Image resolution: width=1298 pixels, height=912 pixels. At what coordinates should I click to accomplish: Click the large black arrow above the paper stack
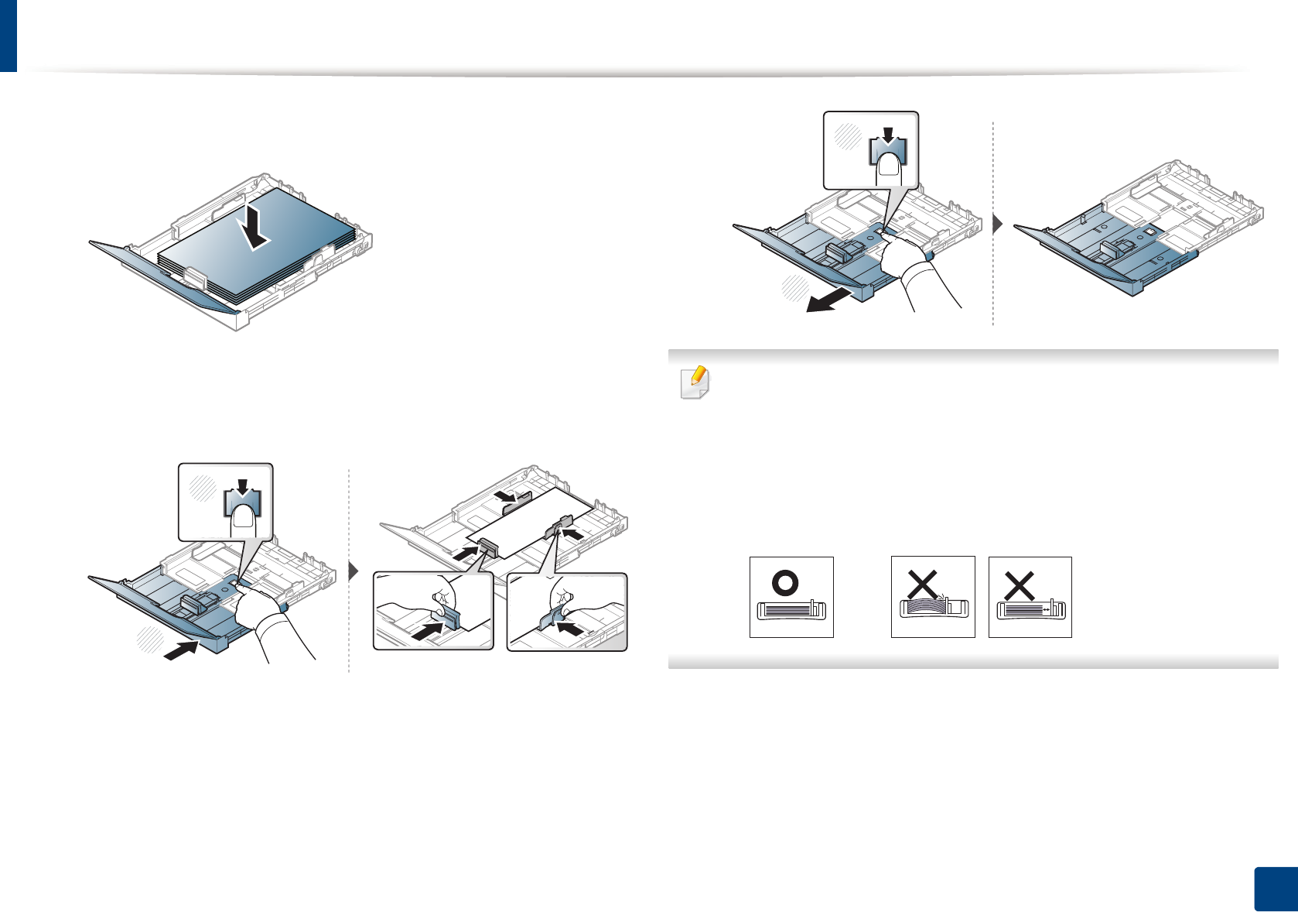(x=254, y=226)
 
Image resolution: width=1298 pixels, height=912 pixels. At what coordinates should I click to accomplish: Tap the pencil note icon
(x=694, y=382)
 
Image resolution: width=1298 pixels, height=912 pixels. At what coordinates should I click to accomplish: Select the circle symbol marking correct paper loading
(x=785, y=582)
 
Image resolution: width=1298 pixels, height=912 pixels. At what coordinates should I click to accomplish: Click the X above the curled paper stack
(x=922, y=585)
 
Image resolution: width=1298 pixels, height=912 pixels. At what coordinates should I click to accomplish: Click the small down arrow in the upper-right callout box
(x=888, y=134)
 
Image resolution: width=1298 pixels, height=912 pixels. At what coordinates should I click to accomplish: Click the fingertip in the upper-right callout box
(x=890, y=168)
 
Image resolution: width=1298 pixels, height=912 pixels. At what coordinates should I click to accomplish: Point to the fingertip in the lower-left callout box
(x=244, y=521)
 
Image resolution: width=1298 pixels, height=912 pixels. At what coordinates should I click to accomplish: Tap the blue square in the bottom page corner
(x=1274, y=890)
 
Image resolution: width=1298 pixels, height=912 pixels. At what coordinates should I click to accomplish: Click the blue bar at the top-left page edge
(x=8, y=35)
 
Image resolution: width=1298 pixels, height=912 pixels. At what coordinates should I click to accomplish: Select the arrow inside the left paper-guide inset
(x=430, y=631)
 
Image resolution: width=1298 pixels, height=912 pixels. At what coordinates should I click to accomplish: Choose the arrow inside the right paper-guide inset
(x=571, y=629)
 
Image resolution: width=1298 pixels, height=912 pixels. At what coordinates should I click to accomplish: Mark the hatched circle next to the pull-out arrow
(x=794, y=287)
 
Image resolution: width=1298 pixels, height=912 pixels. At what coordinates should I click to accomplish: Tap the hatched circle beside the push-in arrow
(x=149, y=640)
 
